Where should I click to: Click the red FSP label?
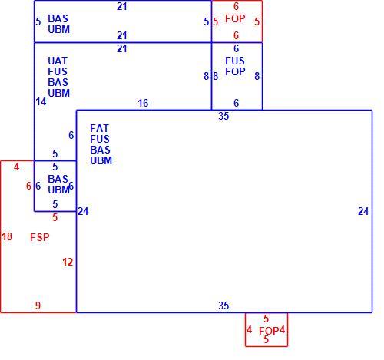[40, 237]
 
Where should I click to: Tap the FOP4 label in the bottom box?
[272, 331]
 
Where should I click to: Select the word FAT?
[100, 128]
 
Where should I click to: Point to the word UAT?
[58, 61]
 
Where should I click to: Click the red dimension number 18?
[7, 236]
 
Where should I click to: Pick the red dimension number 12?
[68, 262]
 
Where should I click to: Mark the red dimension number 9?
[38, 306]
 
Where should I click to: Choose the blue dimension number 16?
[143, 103]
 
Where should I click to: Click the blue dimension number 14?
[41, 101]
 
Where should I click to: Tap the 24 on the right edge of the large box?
[363, 211]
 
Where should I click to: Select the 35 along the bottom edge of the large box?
[223, 306]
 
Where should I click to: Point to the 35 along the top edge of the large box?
[223, 116]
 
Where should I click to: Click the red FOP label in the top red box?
[235, 18]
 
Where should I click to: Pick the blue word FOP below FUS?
[235, 71]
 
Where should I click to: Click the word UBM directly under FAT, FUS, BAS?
[101, 160]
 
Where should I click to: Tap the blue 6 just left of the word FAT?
[71, 135]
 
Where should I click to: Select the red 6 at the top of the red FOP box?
[236, 6]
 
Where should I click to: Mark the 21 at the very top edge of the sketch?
[122, 6]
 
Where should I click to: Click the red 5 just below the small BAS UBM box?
[55, 217]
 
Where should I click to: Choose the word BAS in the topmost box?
[58, 18]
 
